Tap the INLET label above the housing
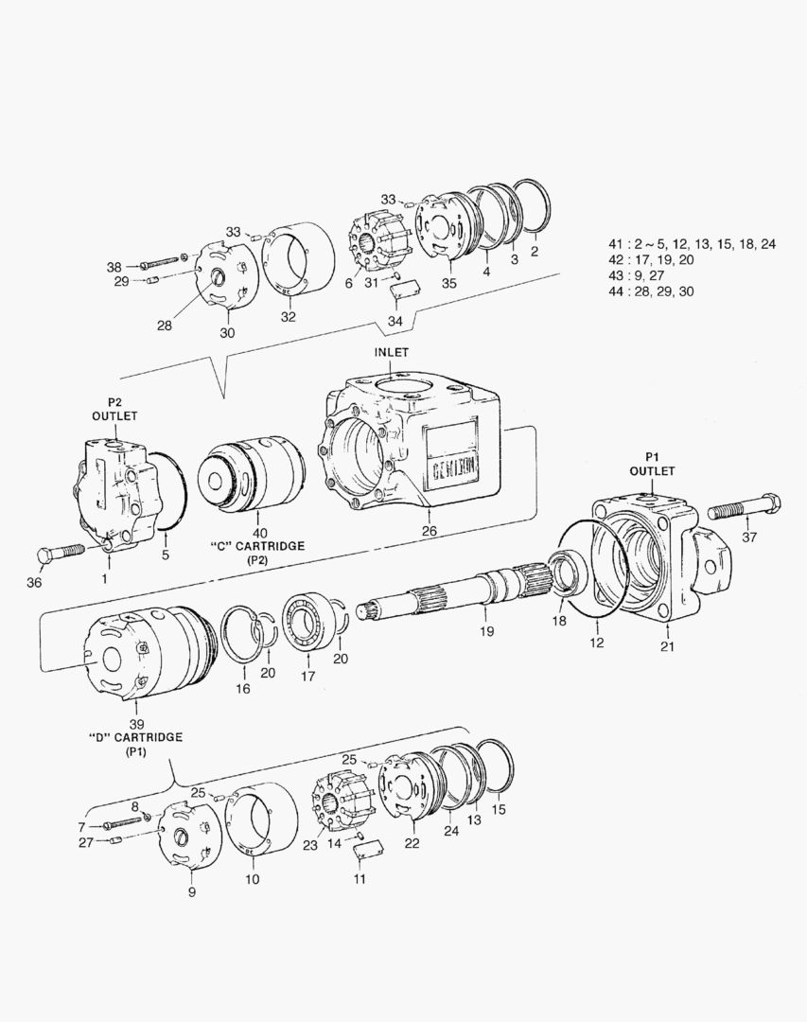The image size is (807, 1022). tap(391, 352)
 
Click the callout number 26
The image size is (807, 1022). tap(429, 531)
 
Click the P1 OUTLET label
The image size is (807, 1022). tap(653, 464)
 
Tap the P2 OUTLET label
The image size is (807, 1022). tap(114, 409)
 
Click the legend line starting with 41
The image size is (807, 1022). tap(693, 243)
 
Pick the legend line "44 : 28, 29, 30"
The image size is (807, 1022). tap(652, 291)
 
